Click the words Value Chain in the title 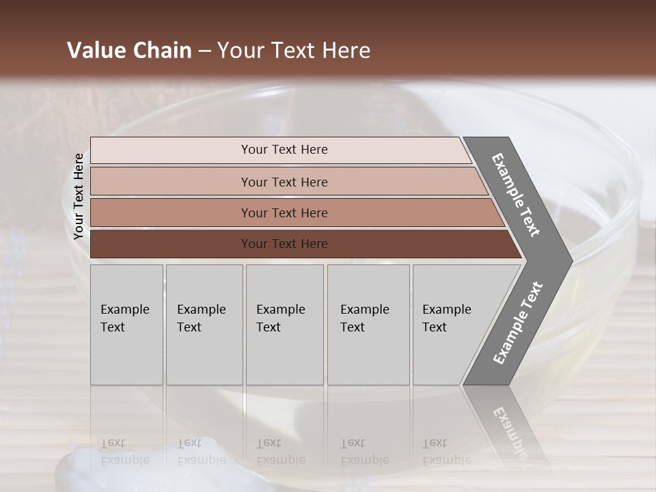129,51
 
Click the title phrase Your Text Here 294,51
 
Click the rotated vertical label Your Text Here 79,196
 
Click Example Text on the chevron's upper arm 516,195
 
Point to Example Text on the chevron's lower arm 517,323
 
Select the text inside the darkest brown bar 284,244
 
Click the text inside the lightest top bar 284,150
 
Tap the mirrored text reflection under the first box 124,452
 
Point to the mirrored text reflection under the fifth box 446,452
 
